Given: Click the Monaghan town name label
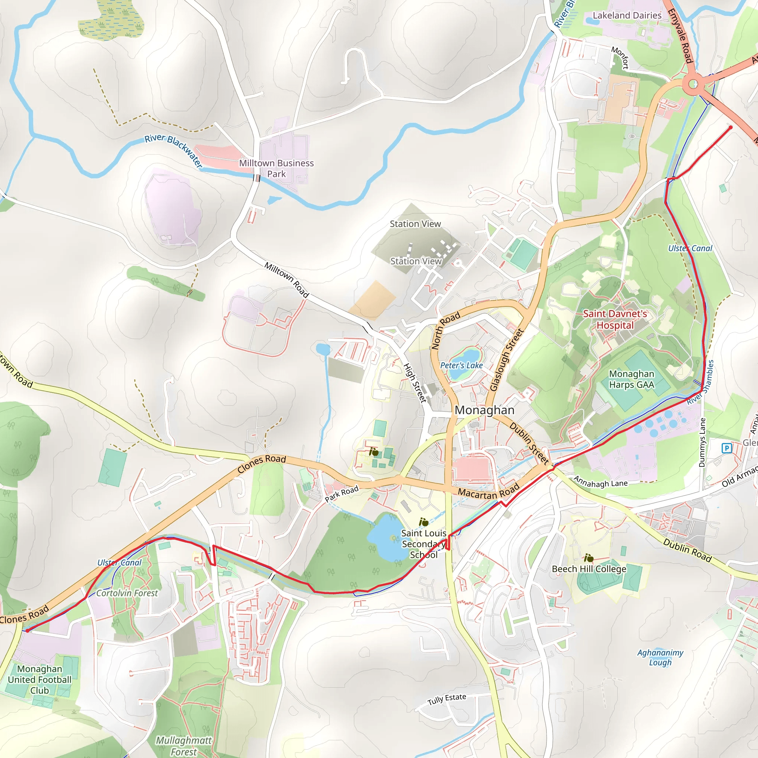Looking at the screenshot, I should [x=484, y=410].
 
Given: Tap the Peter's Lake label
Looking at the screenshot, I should [x=462, y=365].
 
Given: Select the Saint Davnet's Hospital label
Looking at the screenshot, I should [x=615, y=319].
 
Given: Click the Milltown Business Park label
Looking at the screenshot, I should [x=276, y=168].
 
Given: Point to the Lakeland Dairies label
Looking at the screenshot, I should [x=627, y=15].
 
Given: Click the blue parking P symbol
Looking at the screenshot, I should [x=727, y=448].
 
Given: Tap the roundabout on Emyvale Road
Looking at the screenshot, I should [x=693, y=84].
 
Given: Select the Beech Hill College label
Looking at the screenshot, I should [x=589, y=569].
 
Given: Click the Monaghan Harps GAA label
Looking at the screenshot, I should [x=631, y=379].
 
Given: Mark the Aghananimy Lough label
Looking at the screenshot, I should [x=660, y=658].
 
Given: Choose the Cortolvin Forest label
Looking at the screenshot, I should [x=127, y=593].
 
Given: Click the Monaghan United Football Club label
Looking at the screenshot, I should [x=40, y=680].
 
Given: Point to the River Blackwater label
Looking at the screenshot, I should [x=173, y=150].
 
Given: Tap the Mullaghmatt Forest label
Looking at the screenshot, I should [x=184, y=746].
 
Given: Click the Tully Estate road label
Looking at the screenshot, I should [x=446, y=699].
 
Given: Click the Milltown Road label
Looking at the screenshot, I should [x=286, y=280].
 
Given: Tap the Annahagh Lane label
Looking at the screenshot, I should [x=600, y=482].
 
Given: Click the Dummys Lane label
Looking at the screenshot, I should [x=702, y=443].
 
